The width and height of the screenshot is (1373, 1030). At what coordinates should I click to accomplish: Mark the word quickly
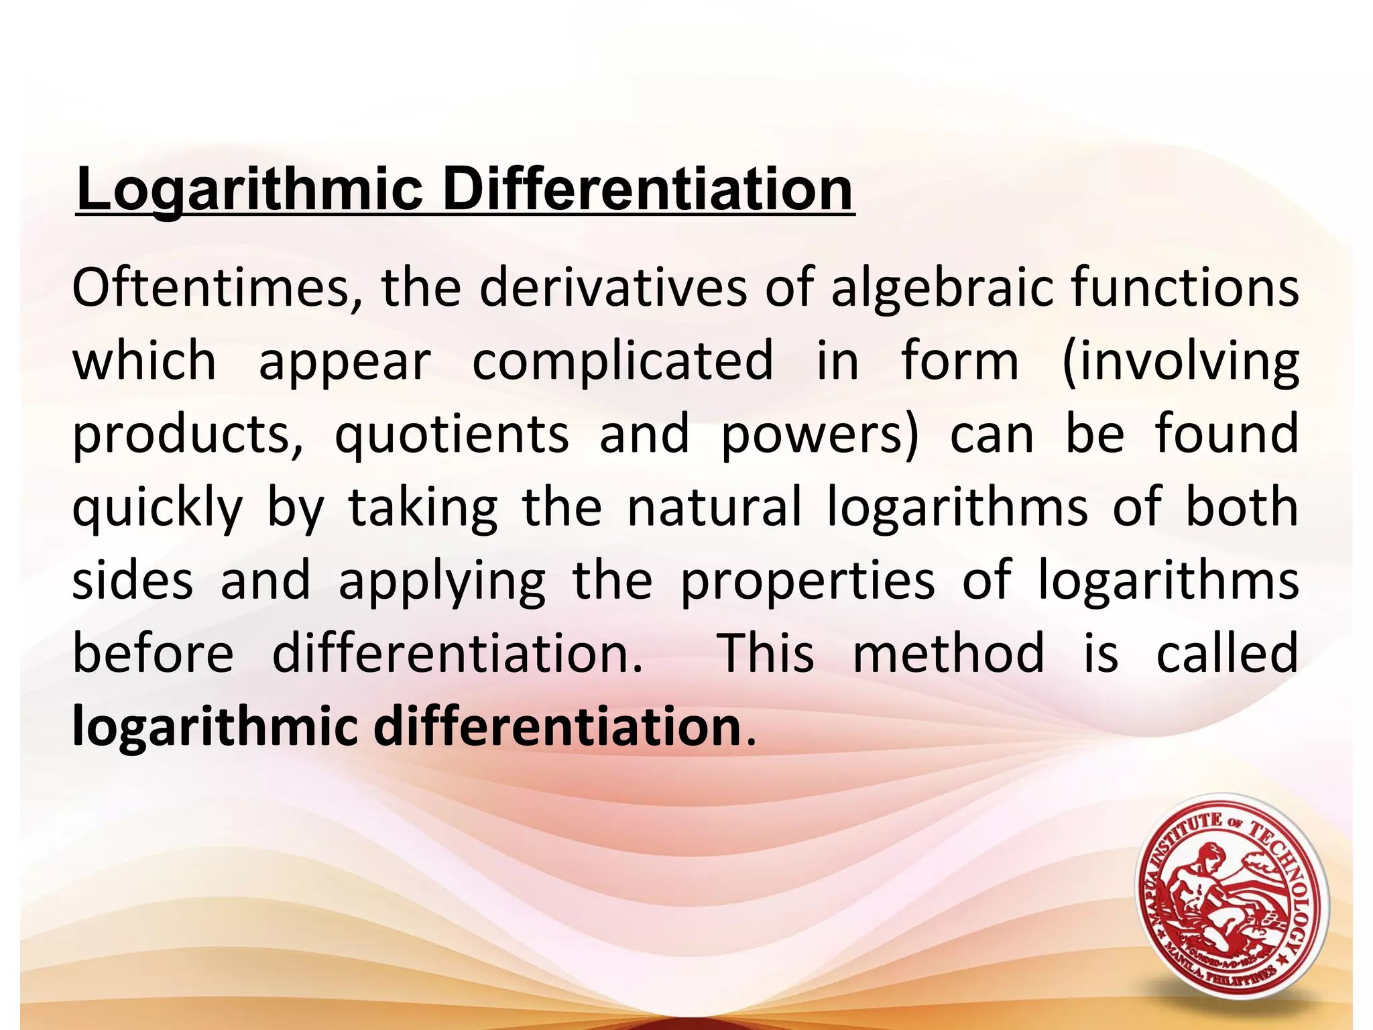tap(158, 508)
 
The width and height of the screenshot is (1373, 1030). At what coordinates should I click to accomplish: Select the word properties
tap(807, 581)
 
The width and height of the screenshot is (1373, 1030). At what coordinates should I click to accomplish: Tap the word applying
tap(442, 581)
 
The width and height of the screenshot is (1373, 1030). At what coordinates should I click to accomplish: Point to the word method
tap(949, 654)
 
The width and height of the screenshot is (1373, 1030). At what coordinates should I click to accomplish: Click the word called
tap(1228, 654)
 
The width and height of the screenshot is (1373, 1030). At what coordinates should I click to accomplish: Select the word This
tap(766, 654)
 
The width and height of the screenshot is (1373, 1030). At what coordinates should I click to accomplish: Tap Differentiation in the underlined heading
tap(647, 190)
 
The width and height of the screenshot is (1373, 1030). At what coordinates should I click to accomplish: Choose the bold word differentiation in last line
tap(556, 726)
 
